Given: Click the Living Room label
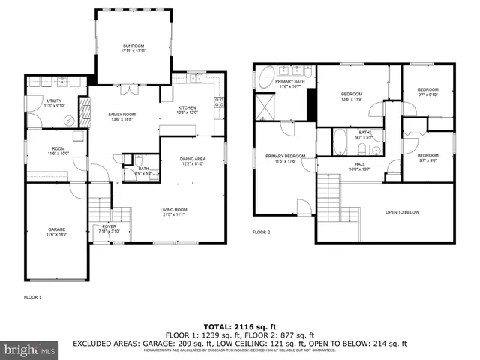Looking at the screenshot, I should (x=173, y=211).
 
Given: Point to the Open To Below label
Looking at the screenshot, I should (x=402, y=212).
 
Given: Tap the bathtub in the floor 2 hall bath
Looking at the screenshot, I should (x=339, y=140).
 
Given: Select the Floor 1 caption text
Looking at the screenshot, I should (x=32, y=298).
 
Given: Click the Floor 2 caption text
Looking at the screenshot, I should (x=261, y=232).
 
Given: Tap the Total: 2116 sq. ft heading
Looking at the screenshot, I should (x=239, y=327).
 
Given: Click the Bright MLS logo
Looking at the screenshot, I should (x=30, y=349).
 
